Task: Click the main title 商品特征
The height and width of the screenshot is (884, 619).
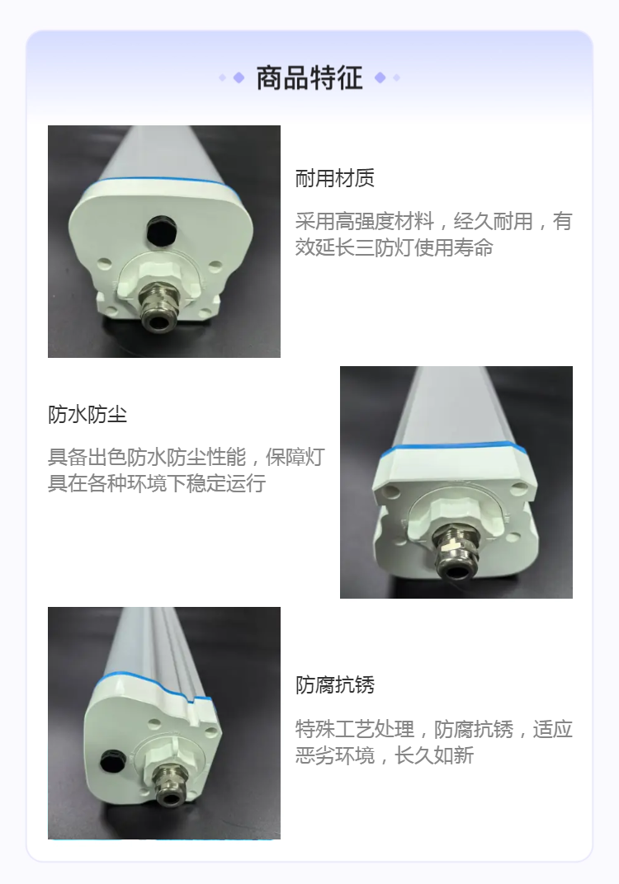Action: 309,78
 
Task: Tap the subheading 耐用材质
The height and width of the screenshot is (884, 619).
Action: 334,178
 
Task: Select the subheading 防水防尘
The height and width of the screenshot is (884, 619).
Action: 87,415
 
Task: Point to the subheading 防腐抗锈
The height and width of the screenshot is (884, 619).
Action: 334,685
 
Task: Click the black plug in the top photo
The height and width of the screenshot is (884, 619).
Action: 162,231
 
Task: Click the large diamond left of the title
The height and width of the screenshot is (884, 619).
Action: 239,78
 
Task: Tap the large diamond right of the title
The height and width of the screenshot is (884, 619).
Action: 380,78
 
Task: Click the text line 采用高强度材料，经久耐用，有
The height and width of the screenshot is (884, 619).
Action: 433,221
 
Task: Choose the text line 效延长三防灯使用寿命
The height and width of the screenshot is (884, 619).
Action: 394,247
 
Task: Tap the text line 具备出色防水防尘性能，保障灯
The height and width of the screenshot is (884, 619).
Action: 187,457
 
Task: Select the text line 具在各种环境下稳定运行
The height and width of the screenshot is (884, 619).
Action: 157,484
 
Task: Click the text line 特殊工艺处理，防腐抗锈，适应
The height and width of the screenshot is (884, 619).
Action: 433,729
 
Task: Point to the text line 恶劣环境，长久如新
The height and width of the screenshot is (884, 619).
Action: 385,755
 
